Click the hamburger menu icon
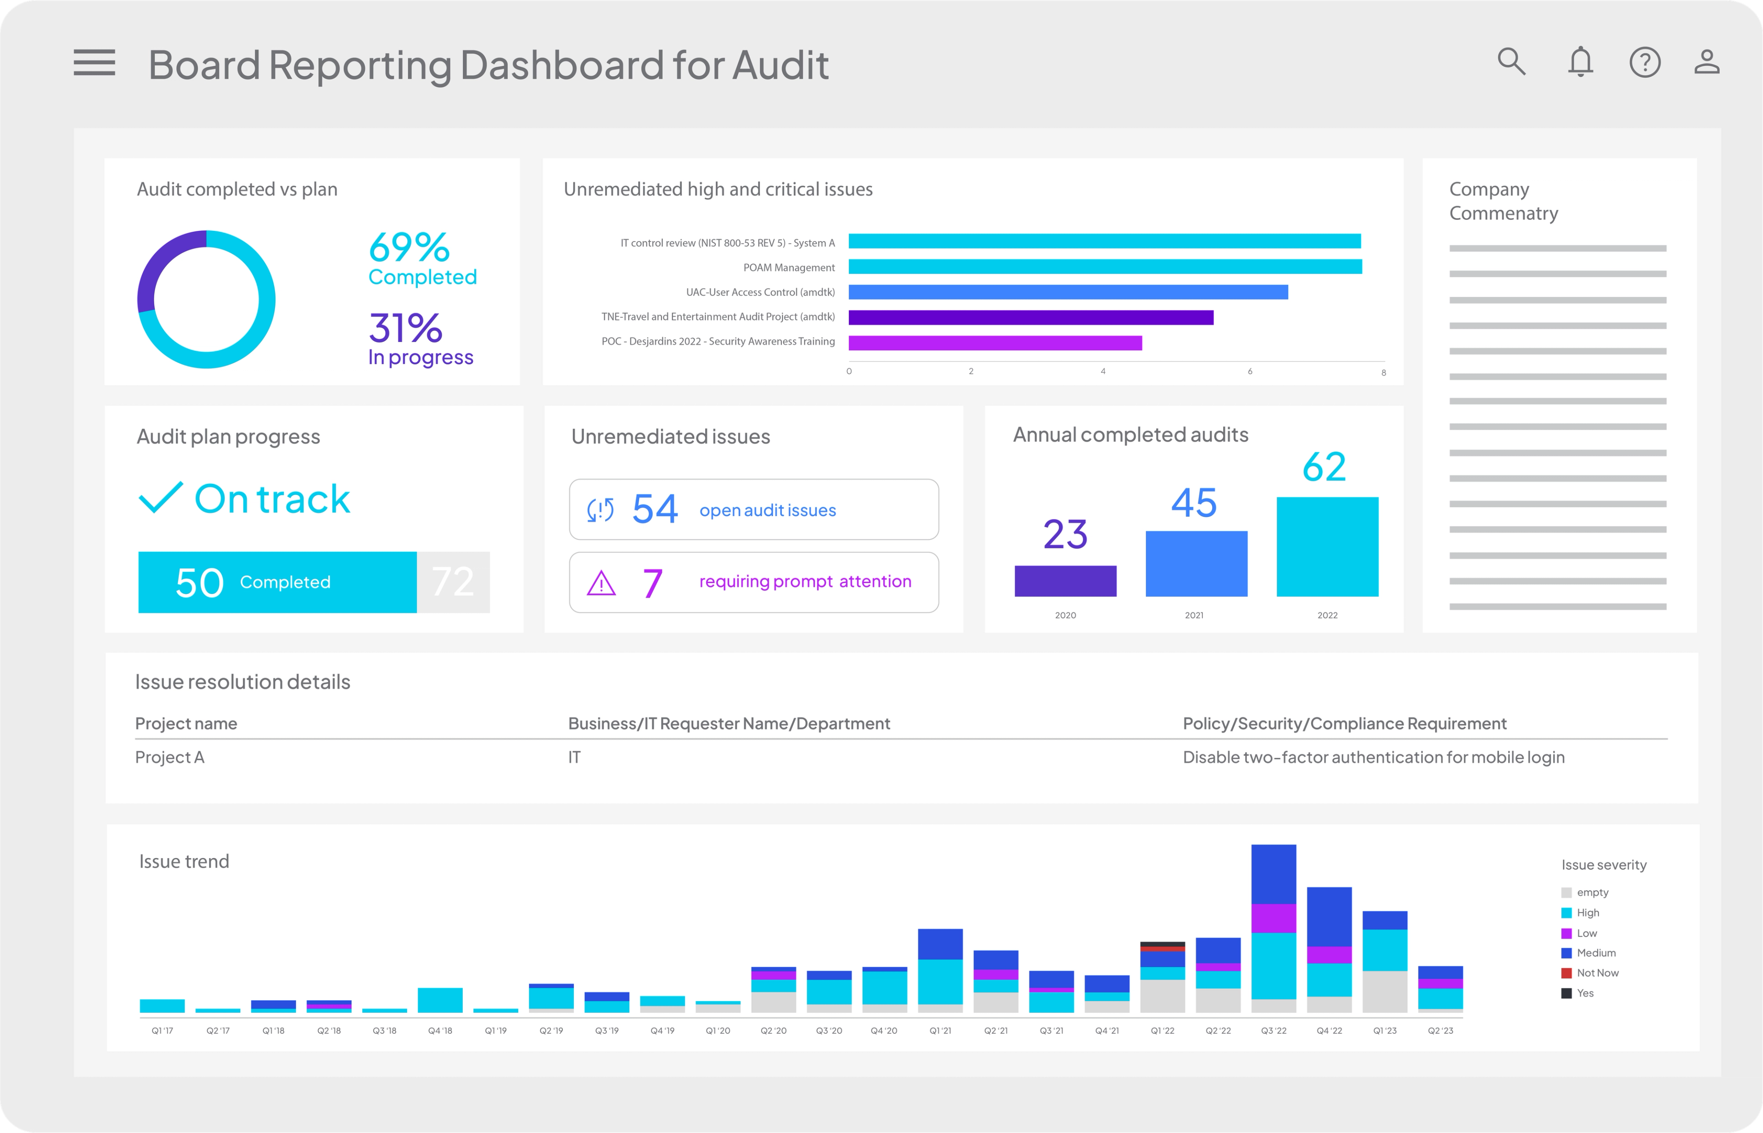coord(94,62)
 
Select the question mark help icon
coord(1645,62)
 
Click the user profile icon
coord(1707,62)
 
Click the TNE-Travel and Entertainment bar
coord(1030,317)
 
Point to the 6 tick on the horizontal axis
coord(1249,371)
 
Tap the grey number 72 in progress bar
coord(453,582)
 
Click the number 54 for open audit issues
coord(654,509)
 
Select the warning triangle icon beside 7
coord(601,583)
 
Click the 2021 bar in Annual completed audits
coord(1196,564)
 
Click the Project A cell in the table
coord(170,757)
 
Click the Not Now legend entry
coord(1597,973)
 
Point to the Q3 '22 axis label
coord(1273,1031)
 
